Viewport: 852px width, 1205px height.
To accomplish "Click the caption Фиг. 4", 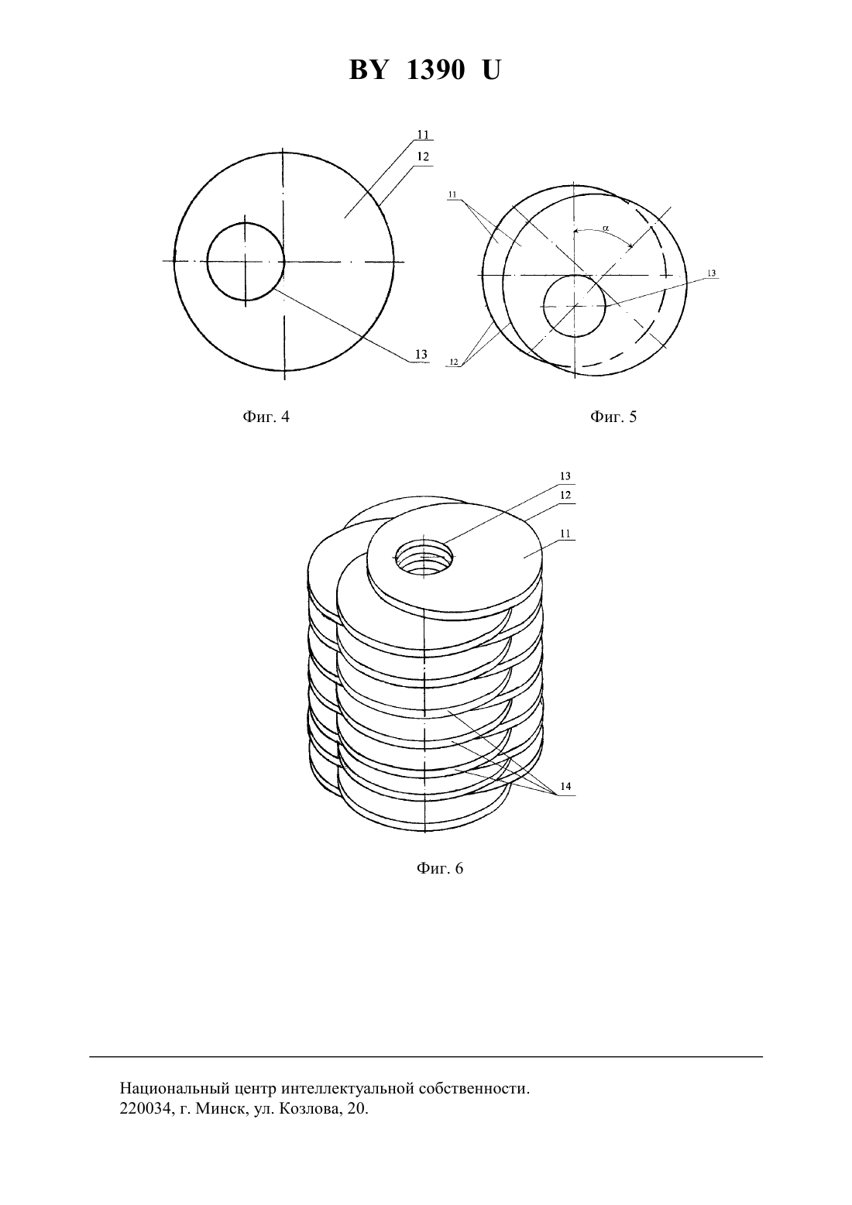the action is (x=266, y=417).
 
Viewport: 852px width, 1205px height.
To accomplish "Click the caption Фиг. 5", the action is (x=613, y=417).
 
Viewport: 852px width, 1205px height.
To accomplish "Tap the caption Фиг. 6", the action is (x=439, y=869).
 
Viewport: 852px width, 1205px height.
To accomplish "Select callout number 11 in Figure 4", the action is (x=423, y=135).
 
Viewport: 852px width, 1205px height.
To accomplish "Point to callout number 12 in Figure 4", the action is (x=423, y=156).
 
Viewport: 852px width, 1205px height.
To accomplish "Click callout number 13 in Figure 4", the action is (x=421, y=355).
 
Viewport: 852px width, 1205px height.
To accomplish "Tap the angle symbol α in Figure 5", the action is (x=606, y=228).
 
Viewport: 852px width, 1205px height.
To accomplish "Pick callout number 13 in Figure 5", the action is (x=712, y=273).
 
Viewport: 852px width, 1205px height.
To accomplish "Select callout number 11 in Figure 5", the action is (x=452, y=194).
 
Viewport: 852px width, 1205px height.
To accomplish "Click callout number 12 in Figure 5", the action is (x=453, y=362).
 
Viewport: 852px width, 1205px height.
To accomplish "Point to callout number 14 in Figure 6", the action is (x=565, y=787).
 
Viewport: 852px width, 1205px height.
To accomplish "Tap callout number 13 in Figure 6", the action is (x=565, y=476).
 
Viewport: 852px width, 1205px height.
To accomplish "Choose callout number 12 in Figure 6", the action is (x=565, y=496).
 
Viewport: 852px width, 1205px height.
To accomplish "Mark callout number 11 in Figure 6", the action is (x=565, y=534).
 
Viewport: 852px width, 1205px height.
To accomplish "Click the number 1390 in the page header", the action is (x=435, y=70).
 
